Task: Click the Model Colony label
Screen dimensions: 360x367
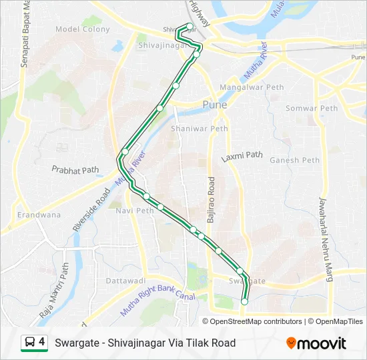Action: (82, 29)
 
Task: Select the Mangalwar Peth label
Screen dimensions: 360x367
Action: (252, 87)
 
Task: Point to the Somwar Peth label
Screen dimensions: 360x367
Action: (312, 109)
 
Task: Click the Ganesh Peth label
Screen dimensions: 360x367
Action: (295, 160)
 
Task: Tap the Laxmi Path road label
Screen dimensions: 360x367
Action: (242, 157)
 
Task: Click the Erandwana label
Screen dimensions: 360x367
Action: (39, 215)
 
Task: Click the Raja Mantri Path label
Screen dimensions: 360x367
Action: (54, 289)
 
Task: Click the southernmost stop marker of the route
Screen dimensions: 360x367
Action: (244, 302)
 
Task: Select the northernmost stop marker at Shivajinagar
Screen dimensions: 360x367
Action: (190, 27)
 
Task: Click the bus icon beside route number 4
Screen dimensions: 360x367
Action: (30, 343)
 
